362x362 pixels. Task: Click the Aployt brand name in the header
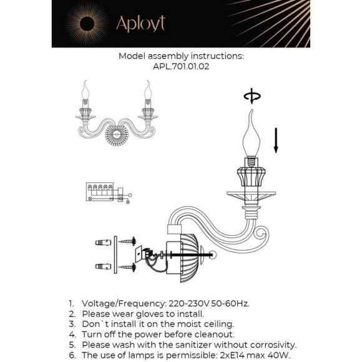(140, 24)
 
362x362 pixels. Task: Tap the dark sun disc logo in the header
(87, 24)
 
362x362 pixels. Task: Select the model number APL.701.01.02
(181, 67)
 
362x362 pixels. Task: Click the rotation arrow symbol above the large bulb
(252, 95)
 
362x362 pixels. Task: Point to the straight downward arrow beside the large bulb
(276, 140)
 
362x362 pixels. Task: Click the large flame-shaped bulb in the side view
(251, 136)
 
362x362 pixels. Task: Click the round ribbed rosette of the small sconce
(116, 135)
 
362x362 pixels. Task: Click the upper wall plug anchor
(103, 242)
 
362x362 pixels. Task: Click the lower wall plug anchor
(103, 266)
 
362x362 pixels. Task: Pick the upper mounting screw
(127, 242)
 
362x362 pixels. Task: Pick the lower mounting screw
(127, 267)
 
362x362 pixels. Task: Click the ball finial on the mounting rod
(213, 255)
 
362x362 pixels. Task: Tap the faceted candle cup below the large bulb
(251, 177)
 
